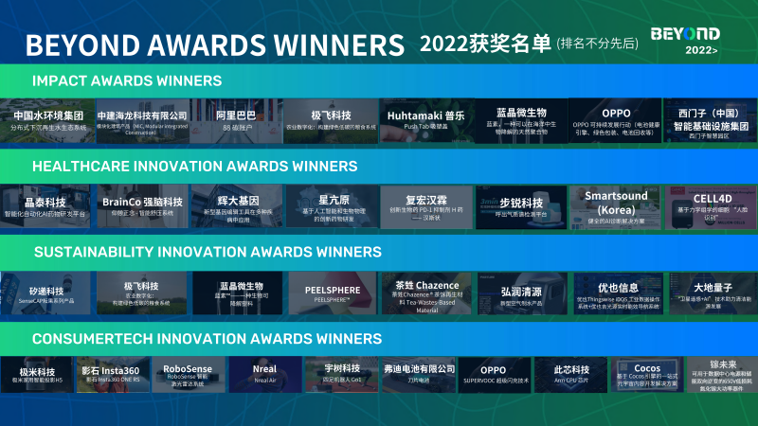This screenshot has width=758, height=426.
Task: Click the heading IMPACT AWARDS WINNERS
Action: coord(127,80)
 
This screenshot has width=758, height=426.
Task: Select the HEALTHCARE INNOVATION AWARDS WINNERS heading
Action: coord(181,166)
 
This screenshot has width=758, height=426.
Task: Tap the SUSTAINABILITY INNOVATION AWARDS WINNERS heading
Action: coord(208,252)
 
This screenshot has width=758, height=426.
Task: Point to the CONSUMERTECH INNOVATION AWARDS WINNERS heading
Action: coord(208,338)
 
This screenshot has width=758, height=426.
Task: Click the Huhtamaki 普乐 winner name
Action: coord(425,114)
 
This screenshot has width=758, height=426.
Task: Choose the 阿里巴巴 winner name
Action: coord(235,115)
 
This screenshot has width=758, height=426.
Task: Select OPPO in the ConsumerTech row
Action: coord(493,369)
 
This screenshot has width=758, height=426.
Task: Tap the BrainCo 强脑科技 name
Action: coord(142,202)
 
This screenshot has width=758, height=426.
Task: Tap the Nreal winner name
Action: coord(265,369)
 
